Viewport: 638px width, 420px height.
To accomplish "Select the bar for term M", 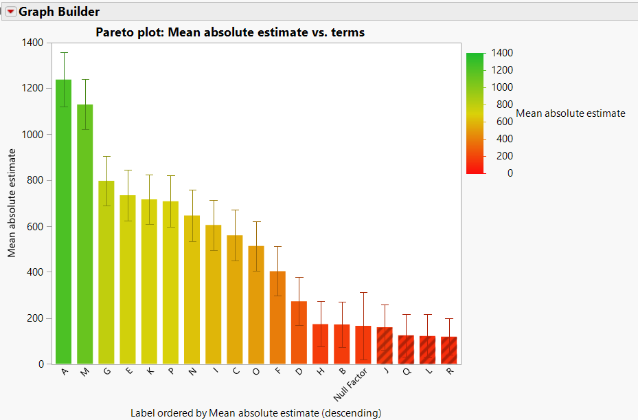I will tap(85, 234).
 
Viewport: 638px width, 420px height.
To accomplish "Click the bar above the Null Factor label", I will tap(363, 344).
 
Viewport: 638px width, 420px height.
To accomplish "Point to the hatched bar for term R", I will tap(448, 350).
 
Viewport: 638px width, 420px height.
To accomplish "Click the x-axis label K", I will tap(148, 372).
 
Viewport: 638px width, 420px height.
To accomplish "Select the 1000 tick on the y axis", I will tap(33, 134).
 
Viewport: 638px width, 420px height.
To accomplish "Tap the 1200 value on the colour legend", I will tap(502, 70).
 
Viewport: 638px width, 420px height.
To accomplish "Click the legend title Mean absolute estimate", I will tap(570, 113).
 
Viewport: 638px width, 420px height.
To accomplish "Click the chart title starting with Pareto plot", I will tap(230, 32).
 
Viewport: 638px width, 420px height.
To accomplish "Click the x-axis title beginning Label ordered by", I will tap(255, 412).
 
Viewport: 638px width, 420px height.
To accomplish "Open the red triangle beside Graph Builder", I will tap(10, 12).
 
